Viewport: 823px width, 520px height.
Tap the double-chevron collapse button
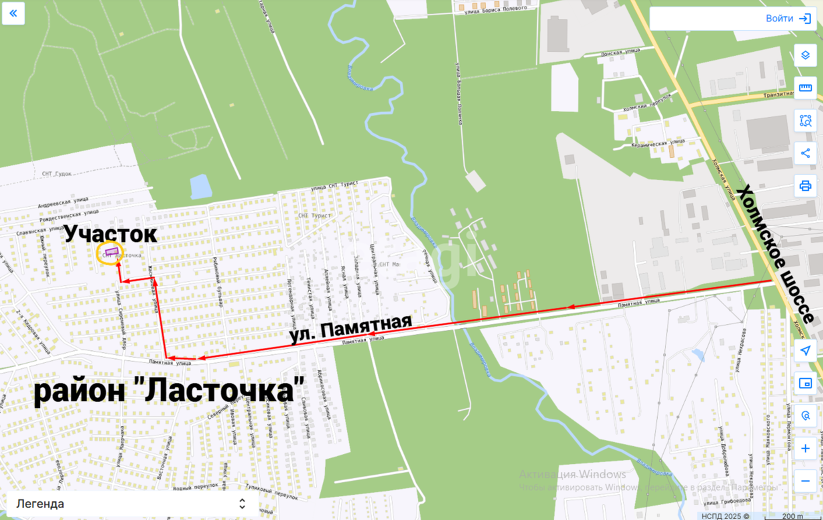[13, 13]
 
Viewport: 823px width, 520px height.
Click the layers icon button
[805, 55]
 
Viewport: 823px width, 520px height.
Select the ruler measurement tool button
[805, 88]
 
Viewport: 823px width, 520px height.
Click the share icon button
[805, 153]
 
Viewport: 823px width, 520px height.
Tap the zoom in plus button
[805, 448]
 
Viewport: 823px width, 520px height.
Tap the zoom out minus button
[805, 481]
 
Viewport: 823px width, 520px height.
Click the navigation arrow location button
[805, 351]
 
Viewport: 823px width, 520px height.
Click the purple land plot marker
[111, 252]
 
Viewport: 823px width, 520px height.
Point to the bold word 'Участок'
[111, 234]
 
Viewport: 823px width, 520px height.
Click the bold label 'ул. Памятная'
[351, 328]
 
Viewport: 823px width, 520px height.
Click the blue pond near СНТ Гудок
[200, 187]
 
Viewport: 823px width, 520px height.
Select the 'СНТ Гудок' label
[56, 174]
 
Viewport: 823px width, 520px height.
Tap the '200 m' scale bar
[792, 516]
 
